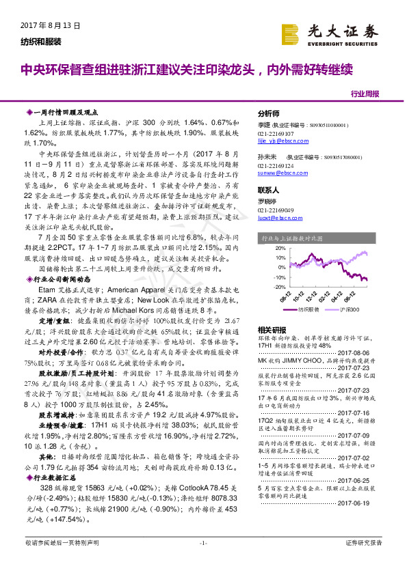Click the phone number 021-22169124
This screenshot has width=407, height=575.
276,165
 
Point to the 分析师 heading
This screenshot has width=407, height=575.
269,114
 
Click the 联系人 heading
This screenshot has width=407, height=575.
269,189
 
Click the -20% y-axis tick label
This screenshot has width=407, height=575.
280,287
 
